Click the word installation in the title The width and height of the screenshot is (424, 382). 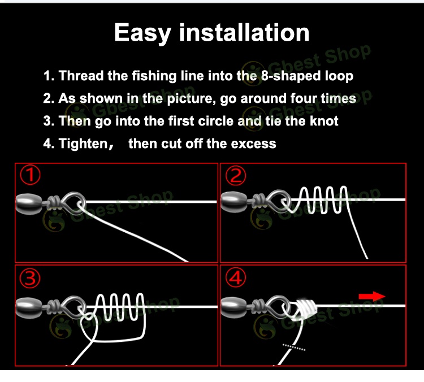244,32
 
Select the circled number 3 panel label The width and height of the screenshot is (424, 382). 31,279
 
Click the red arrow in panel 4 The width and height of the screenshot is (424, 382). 371,297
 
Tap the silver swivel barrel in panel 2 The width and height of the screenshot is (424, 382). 233,199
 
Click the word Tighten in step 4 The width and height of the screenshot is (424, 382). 83,144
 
